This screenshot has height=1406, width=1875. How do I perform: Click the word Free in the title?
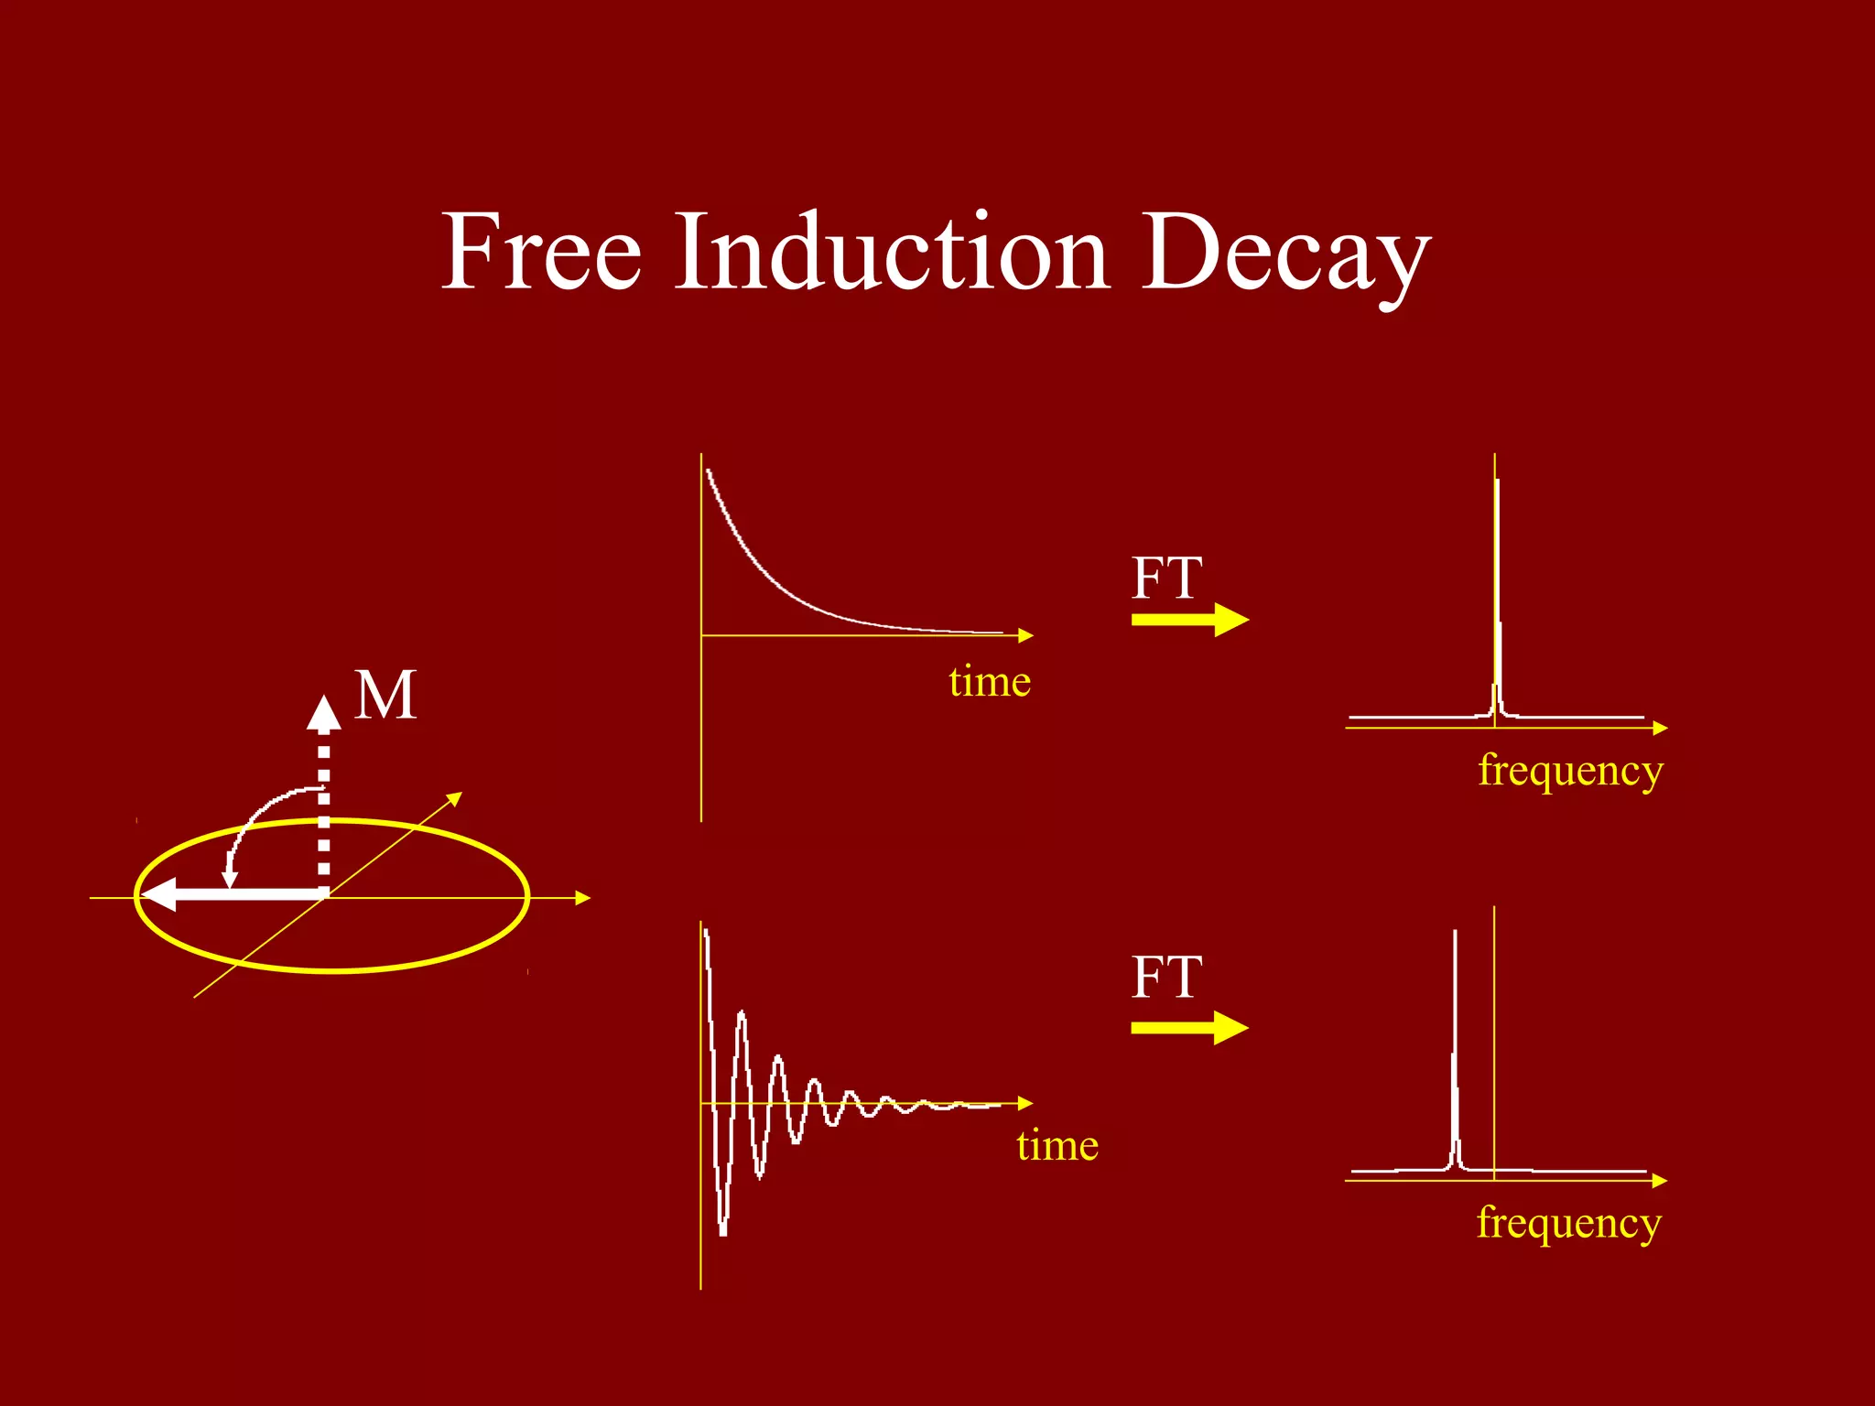[541, 252]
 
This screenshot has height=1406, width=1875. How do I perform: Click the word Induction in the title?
[893, 252]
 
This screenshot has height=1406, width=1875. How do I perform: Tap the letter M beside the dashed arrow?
[385, 696]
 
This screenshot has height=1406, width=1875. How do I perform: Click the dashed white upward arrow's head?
[323, 713]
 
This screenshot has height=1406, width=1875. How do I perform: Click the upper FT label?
[1166, 579]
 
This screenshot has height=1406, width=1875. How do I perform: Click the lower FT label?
[1166, 978]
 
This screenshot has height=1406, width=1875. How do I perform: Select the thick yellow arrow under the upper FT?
[1189, 620]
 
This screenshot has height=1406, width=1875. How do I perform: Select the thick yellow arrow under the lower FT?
[1189, 1027]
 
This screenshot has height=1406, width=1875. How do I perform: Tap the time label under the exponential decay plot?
[990, 682]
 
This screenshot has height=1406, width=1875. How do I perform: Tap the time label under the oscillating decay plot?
[1057, 1146]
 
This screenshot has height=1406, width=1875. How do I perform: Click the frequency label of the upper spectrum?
[1570, 771]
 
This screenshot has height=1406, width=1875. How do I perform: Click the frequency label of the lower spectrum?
[1568, 1224]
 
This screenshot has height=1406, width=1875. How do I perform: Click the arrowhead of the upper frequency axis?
[1661, 728]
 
